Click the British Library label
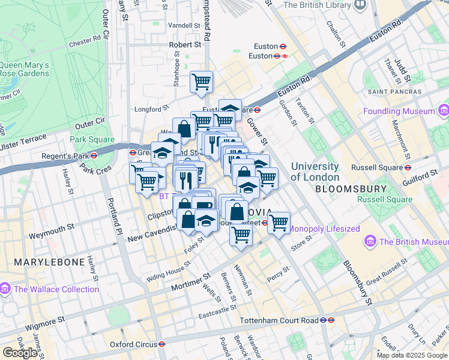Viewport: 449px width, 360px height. coord(317,5)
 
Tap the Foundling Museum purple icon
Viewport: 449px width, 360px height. coord(443,111)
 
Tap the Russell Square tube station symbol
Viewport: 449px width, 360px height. coord(408,167)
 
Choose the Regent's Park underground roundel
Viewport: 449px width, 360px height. coord(94,155)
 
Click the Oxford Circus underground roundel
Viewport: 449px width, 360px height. coord(162,344)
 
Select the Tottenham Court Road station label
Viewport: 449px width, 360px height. coord(279,320)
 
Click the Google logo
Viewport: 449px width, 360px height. coord(20,353)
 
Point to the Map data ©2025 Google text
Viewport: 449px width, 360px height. coord(412,355)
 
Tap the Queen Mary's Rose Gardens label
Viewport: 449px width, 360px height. coord(24,69)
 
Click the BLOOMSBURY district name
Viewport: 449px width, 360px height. coord(345,188)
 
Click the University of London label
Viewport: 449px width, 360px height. coord(315,172)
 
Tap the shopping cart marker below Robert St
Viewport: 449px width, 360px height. coord(202,82)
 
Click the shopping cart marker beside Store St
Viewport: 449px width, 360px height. coord(278,223)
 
